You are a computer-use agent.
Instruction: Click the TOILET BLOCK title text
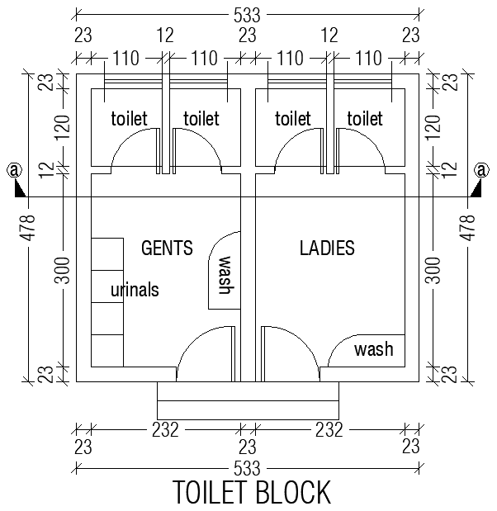coord(252,492)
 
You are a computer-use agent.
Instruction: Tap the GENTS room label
coord(167,248)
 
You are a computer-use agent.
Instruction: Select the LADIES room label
coord(327,248)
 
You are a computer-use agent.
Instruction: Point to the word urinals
coord(135,290)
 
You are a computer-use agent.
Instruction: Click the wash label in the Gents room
coord(225,275)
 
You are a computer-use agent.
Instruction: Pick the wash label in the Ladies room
coord(373,349)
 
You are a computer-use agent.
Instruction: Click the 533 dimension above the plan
coord(248,13)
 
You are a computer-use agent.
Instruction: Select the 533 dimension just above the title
coord(248,468)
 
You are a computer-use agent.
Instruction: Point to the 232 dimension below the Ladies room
coord(328,430)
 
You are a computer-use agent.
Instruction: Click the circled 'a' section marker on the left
coord(13,171)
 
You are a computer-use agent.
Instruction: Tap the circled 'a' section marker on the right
coord(481,171)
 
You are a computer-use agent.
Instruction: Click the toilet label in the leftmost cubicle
coord(129,119)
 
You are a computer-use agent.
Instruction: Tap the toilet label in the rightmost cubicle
coord(365,119)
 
